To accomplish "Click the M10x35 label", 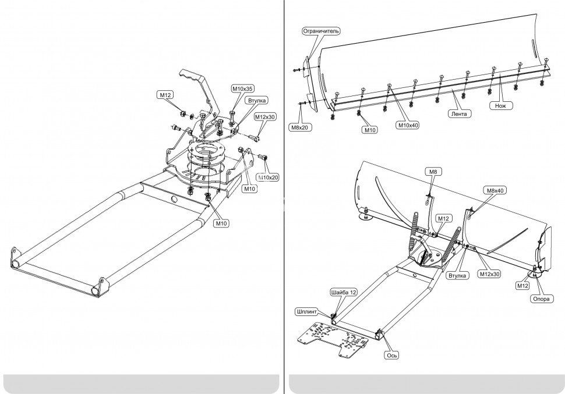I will tap(242, 88).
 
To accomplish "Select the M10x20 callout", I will tap(267, 177).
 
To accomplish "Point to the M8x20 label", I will tap(298, 126).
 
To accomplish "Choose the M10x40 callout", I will tap(408, 125).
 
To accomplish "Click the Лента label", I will tap(461, 114).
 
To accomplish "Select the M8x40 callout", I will tap(494, 190).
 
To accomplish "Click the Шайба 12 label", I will tap(342, 292).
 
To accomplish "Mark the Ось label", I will tap(391, 354).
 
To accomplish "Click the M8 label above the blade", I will tap(433, 172).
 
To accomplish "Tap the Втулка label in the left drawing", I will tap(257, 101).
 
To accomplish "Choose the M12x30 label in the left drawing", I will tap(264, 116).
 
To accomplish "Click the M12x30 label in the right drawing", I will tap(489, 274).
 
